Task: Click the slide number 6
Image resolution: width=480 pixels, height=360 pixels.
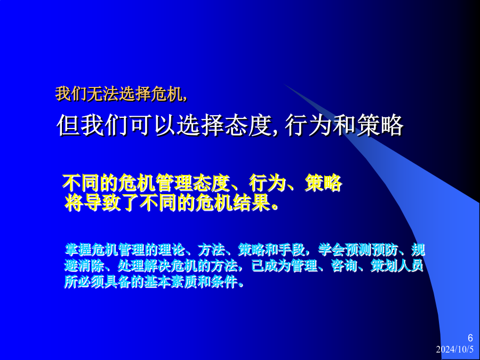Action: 470,338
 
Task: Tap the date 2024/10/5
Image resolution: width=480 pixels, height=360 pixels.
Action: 454,349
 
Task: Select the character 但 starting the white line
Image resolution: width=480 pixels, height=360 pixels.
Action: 68,125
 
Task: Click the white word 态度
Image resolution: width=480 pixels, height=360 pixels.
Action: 247,125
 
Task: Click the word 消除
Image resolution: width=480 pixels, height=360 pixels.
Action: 91,266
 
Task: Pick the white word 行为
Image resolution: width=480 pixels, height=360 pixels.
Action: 308,125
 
